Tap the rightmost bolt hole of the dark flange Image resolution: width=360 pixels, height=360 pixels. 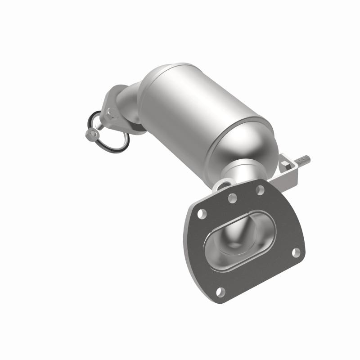tap(296, 252)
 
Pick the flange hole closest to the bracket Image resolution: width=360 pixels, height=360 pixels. tap(260, 189)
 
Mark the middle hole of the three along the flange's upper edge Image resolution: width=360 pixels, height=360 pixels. tap(232, 198)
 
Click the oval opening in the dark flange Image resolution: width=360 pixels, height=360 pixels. tap(238, 240)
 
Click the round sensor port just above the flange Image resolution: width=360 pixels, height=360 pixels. tap(224, 184)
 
